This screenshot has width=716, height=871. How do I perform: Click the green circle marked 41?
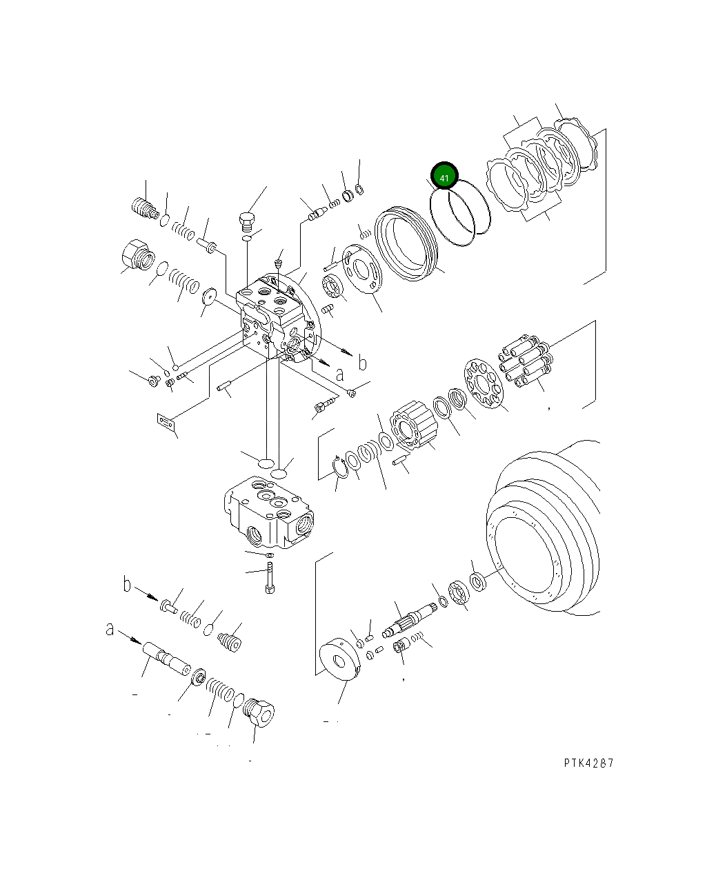444,177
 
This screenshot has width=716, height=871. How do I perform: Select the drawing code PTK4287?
588,763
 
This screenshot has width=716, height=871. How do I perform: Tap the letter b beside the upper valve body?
361,363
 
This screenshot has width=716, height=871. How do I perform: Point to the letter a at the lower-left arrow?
110,629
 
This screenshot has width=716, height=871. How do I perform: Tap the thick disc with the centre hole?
341,660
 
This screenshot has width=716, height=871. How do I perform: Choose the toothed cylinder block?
412,427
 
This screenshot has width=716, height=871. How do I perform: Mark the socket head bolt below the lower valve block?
269,577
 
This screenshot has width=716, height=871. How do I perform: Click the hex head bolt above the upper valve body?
246,222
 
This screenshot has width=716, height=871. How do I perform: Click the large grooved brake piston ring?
407,244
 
